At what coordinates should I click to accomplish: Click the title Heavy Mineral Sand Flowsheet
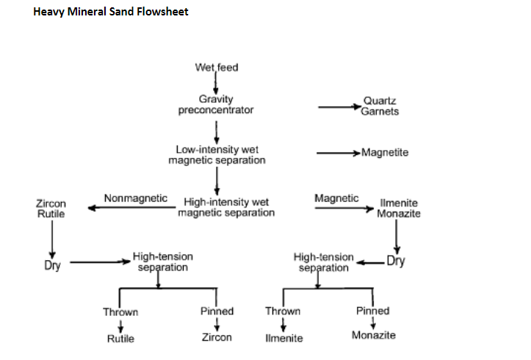pyautogui.click(x=111, y=12)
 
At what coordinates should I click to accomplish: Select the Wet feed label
pyautogui.click(x=216, y=68)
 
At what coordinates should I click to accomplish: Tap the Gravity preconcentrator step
pyautogui.click(x=216, y=105)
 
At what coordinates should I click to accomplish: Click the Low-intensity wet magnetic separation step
pyautogui.click(x=217, y=154)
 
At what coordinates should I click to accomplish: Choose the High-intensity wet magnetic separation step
pyautogui.click(x=226, y=207)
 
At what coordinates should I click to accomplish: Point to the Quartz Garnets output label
pyautogui.click(x=380, y=107)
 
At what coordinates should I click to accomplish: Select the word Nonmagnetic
pyautogui.click(x=135, y=198)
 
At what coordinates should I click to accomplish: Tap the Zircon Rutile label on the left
pyautogui.click(x=51, y=209)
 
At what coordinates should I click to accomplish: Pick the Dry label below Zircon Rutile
pyautogui.click(x=52, y=266)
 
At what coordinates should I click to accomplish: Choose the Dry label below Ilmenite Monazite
pyautogui.click(x=395, y=261)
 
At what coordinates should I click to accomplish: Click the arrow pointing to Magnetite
pyautogui.click(x=338, y=154)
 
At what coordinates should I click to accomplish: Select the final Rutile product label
pyautogui.click(x=120, y=339)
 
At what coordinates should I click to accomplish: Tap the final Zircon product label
pyautogui.click(x=217, y=337)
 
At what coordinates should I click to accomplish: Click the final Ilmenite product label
pyautogui.click(x=283, y=339)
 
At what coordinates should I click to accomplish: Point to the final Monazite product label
pyautogui.click(x=373, y=335)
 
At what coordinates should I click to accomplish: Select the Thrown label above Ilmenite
pyautogui.click(x=283, y=312)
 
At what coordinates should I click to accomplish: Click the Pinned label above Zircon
pyautogui.click(x=217, y=311)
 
